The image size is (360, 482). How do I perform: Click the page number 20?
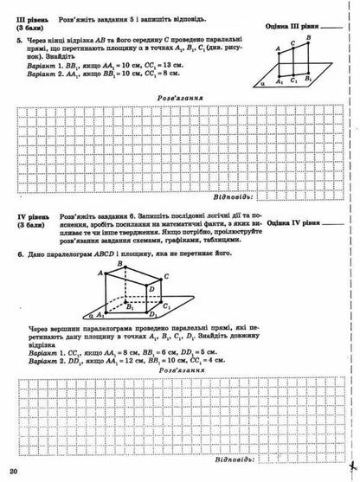[12, 470]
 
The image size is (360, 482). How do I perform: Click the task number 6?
[19, 256]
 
